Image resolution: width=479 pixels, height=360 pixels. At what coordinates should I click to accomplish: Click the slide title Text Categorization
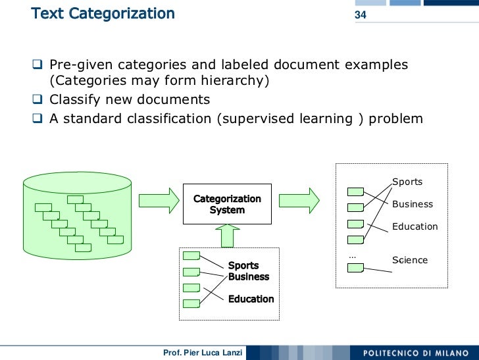(x=103, y=13)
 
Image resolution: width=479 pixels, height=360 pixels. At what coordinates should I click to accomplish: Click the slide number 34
(x=361, y=15)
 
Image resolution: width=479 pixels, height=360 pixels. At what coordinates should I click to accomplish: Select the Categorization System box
(x=227, y=204)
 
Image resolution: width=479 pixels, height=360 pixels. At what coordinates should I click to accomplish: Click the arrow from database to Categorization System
(x=159, y=200)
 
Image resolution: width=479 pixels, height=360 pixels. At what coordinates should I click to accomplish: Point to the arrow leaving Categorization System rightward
(x=303, y=200)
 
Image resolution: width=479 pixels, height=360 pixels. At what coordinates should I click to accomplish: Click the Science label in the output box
(x=410, y=260)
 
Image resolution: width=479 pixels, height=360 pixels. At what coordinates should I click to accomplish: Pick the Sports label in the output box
(x=407, y=182)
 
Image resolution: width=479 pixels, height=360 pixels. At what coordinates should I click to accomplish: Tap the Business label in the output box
(x=413, y=204)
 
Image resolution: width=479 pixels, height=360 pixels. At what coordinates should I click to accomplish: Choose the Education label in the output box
(x=415, y=226)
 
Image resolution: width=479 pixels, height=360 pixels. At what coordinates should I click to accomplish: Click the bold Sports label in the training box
(x=243, y=266)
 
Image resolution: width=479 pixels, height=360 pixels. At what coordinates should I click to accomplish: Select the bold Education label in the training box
(x=251, y=299)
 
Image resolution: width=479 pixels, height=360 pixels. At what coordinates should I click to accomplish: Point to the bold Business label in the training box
(x=249, y=276)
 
